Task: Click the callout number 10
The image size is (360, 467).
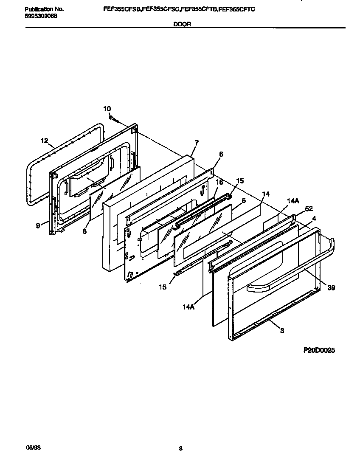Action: (x=107, y=109)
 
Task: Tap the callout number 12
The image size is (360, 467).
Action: (x=44, y=141)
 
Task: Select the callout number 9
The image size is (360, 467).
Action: (x=38, y=226)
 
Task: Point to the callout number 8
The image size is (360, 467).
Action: (x=84, y=231)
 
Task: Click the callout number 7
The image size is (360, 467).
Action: (x=196, y=142)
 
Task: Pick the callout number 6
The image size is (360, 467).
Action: (x=221, y=154)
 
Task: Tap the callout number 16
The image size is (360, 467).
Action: (x=219, y=182)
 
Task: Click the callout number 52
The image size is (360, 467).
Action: (x=309, y=209)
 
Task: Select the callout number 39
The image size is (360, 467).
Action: (x=331, y=287)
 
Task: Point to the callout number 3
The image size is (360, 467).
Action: (x=282, y=331)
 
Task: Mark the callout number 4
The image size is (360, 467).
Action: (x=314, y=219)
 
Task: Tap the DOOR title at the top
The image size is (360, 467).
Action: (x=182, y=25)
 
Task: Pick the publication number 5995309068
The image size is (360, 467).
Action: (x=41, y=16)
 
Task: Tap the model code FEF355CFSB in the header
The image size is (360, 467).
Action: (x=122, y=8)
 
